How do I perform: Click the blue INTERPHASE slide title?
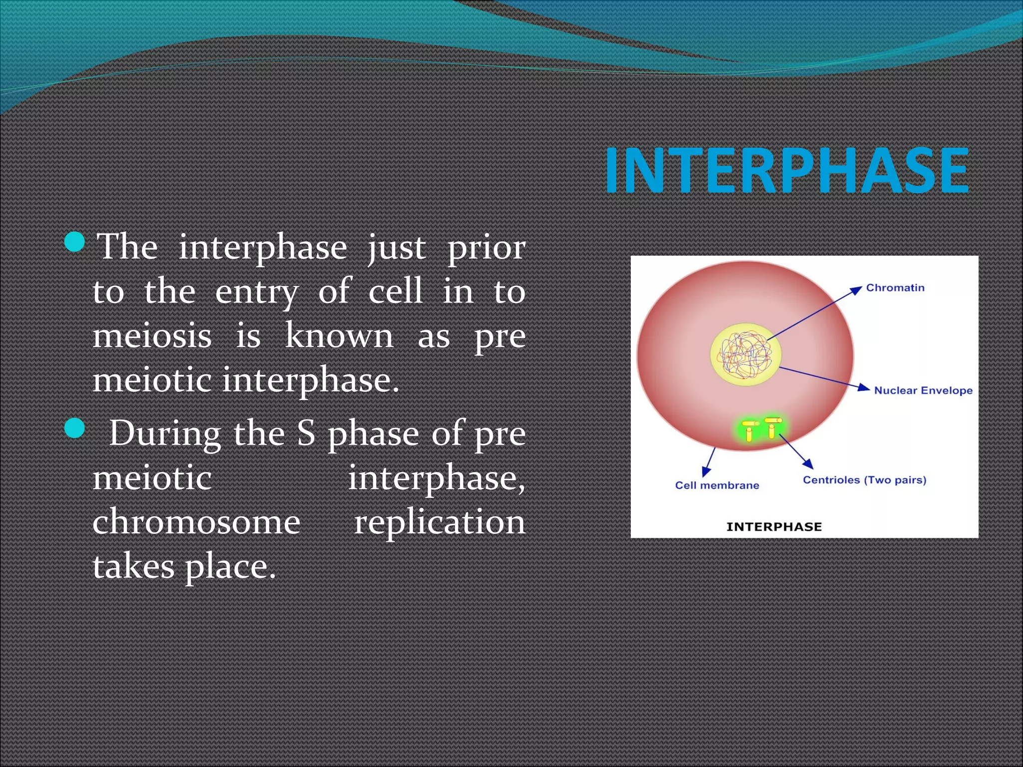click(x=787, y=171)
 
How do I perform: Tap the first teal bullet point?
click(x=75, y=242)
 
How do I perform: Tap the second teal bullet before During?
click(x=75, y=428)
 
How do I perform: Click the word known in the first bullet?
click(x=339, y=336)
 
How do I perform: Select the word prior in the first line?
click(x=486, y=247)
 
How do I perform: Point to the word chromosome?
click(x=196, y=522)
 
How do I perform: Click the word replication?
click(x=440, y=522)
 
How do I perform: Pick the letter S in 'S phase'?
click(x=306, y=433)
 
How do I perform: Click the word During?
click(x=165, y=433)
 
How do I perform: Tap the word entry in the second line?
click(x=257, y=292)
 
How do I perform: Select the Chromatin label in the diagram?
click(x=895, y=288)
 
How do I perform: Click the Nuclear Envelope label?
click(x=923, y=390)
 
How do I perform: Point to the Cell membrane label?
click(x=717, y=485)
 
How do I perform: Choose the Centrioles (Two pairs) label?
click(x=864, y=480)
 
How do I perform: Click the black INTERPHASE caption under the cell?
click(x=774, y=527)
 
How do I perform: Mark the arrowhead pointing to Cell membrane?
click(x=706, y=471)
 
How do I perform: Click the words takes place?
click(x=184, y=567)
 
